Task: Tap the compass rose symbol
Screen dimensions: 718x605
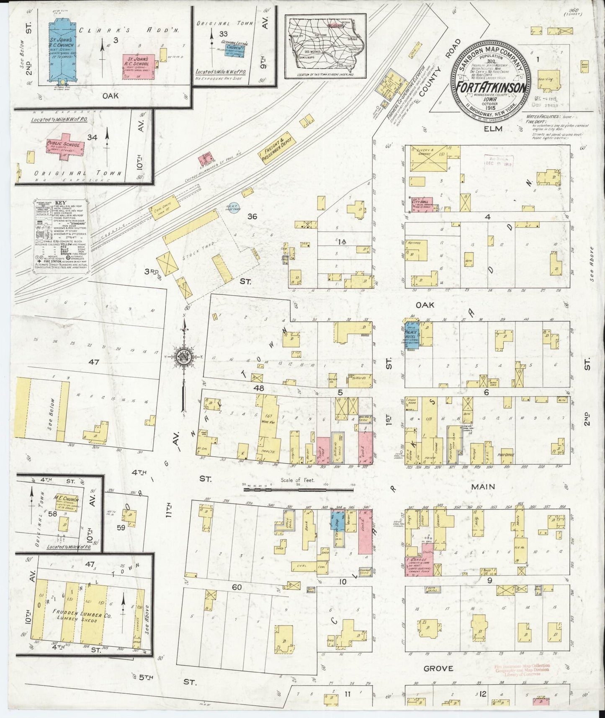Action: (x=183, y=356)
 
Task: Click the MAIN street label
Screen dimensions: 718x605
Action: (x=483, y=487)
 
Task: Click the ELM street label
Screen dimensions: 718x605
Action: (x=493, y=129)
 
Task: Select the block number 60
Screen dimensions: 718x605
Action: (x=237, y=587)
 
